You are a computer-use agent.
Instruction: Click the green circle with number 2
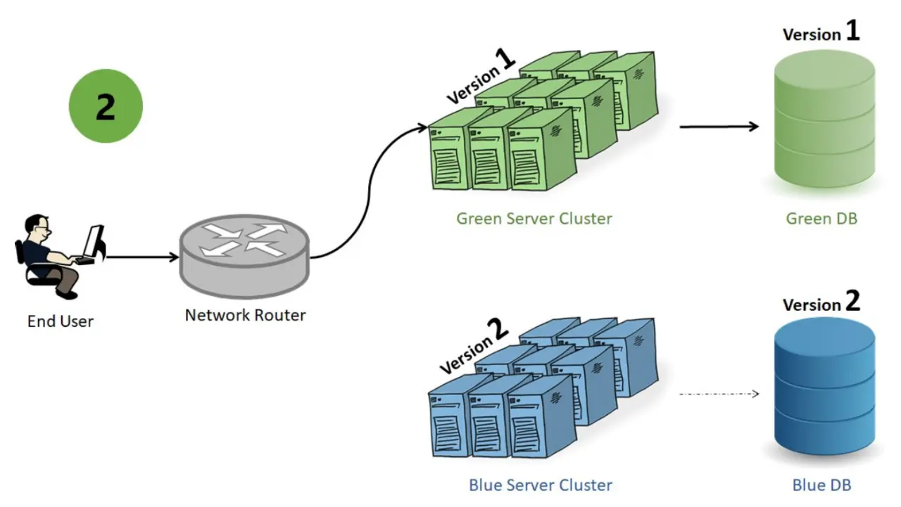pos(106,106)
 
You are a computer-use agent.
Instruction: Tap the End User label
pos(61,321)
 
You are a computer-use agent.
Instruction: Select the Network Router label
pos(246,315)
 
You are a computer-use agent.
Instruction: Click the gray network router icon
pos(244,256)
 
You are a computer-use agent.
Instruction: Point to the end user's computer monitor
pos(94,242)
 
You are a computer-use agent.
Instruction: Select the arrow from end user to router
pos(143,257)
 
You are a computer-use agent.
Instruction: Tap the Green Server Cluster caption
pos(534,219)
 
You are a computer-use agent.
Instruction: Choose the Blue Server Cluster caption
pos(541,485)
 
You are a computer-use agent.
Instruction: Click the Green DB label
pos(821,219)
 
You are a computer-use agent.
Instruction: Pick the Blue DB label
pos(821,485)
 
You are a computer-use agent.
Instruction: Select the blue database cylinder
pos(824,386)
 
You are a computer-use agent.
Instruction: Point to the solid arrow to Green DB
pos(719,127)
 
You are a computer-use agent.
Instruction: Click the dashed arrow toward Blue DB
pos(719,394)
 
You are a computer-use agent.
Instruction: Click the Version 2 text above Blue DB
pos(821,301)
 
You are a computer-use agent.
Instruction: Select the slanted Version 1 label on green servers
pos(481,77)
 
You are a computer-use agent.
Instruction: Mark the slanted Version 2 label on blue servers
pos(474,346)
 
